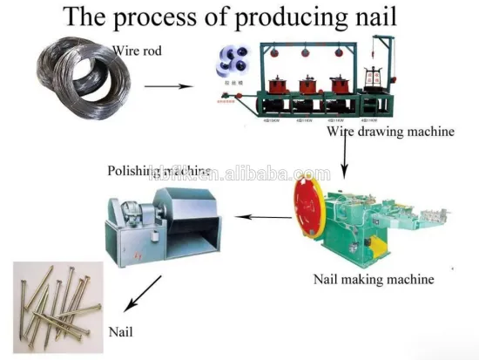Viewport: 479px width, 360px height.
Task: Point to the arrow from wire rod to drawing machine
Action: [x=169, y=87]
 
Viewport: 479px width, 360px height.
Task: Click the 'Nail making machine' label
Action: [x=374, y=280]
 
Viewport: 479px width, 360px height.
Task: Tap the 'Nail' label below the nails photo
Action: [x=121, y=332]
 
